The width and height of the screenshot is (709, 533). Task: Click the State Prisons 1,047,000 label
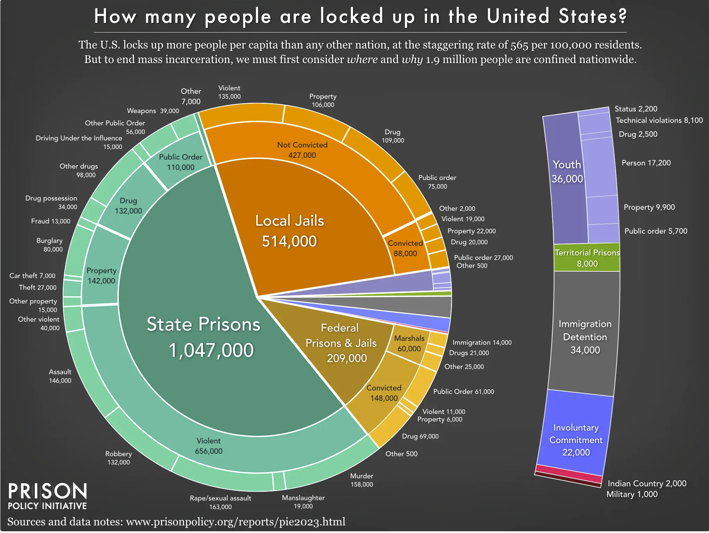point(204,336)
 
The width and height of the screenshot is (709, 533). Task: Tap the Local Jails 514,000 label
point(290,231)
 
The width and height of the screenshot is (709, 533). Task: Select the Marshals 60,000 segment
point(409,343)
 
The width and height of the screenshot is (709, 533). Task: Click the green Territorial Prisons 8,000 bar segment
point(587,258)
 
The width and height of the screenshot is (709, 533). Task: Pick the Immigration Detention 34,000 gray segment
point(585,336)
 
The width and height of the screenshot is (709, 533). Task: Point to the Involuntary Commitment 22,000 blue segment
point(576,440)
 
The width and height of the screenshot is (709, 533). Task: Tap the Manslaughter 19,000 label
point(303,502)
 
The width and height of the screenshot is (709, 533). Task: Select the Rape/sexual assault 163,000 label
point(220,502)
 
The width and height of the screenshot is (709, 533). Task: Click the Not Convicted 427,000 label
point(302,150)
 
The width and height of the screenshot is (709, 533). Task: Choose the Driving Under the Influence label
point(79,138)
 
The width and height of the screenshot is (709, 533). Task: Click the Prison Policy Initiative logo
point(47,496)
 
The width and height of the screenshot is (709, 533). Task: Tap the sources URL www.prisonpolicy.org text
point(236,522)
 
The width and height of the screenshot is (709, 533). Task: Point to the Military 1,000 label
point(632,494)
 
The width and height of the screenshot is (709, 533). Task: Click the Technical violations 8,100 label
point(659,120)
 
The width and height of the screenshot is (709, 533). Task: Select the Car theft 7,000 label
point(32,276)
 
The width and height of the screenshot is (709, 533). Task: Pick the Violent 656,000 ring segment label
point(209,446)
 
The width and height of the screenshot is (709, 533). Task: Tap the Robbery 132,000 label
point(118,458)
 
